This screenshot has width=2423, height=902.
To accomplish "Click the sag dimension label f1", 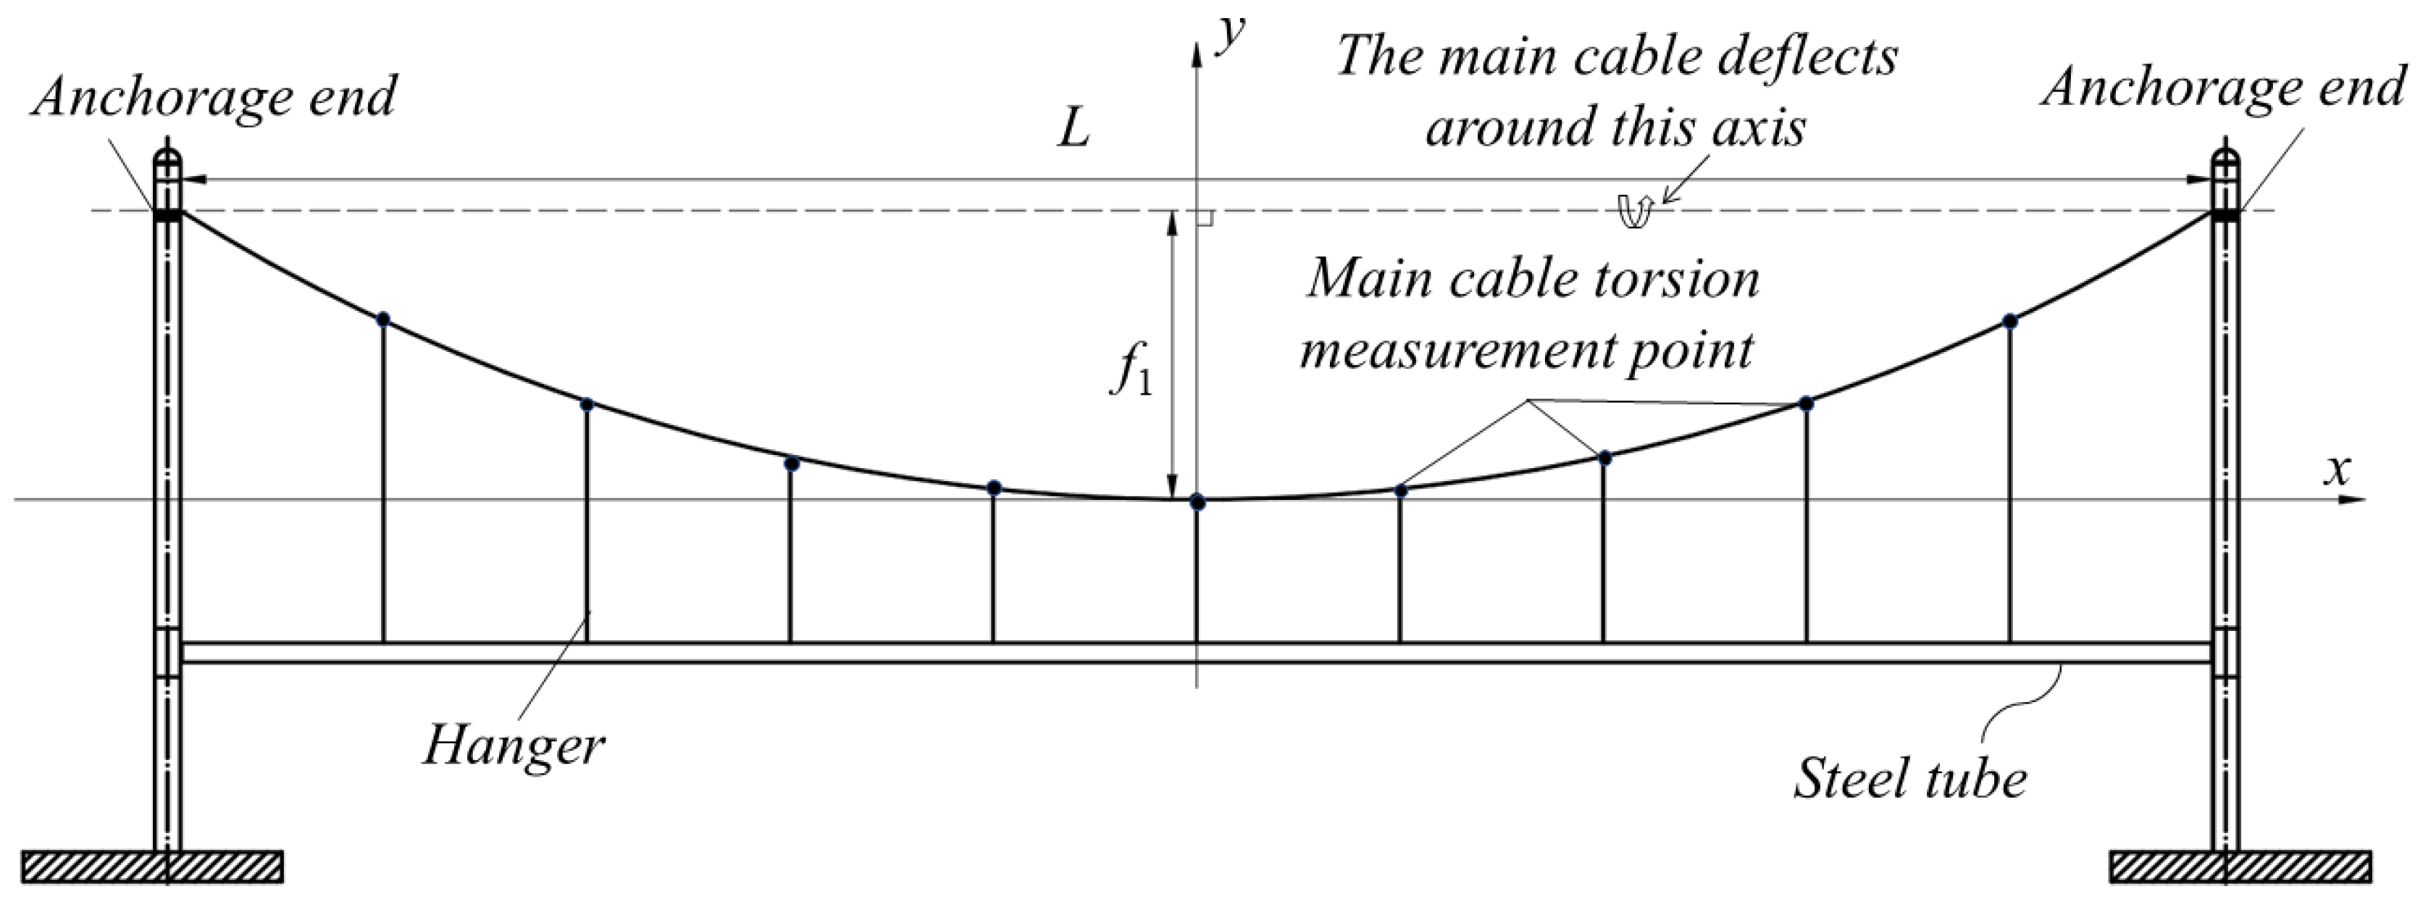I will (x=1131, y=372).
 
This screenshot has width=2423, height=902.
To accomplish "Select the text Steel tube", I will (x=1909, y=779).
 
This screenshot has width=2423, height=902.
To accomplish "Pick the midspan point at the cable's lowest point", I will (x=1197, y=501).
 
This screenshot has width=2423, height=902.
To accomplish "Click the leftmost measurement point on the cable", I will (x=382, y=319).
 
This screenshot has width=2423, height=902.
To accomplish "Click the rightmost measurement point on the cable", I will (x=2010, y=321).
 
